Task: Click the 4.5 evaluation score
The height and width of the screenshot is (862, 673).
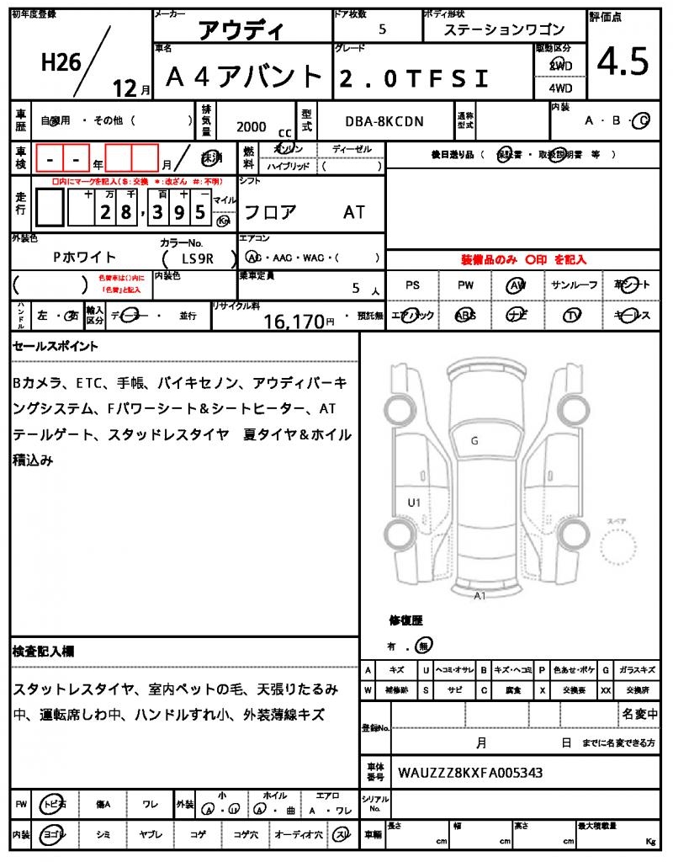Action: click(x=623, y=61)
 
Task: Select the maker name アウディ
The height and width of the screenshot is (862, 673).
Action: click(x=241, y=31)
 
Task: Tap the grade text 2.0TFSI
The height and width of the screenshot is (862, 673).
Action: click(x=413, y=78)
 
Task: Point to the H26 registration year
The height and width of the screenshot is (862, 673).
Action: click(x=61, y=61)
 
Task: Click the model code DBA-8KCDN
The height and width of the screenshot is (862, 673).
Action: click(x=384, y=122)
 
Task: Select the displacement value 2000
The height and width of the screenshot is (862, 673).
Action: click(x=251, y=127)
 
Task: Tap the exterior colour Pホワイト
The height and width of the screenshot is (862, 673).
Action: click(x=84, y=258)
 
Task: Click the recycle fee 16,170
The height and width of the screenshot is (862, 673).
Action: click(x=294, y=321)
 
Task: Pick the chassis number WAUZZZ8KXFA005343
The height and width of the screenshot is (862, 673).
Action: click(x=470, y=772)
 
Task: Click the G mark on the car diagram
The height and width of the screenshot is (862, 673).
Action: click(x=474, y=440)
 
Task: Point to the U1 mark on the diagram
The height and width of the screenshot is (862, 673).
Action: click(x=414, y=503)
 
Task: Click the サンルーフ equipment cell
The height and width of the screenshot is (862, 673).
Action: click(x=575, y=285)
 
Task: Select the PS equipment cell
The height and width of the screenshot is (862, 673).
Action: click(x=412, y=285)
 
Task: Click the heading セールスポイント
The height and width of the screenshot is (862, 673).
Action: click(x=56, y=346)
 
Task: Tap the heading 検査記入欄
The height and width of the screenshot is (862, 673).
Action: click(x=43, y=652)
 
